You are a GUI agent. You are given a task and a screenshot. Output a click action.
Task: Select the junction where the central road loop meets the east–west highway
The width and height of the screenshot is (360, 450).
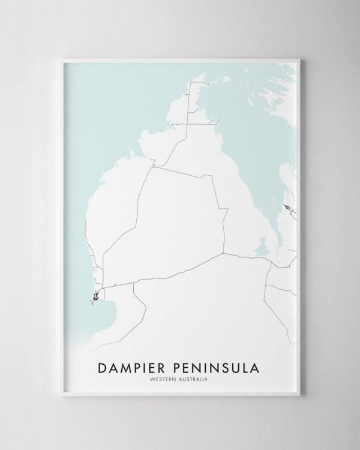click(x=224, y=254)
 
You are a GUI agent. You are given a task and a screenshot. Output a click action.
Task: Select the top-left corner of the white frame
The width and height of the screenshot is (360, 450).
click(x=61, y=59)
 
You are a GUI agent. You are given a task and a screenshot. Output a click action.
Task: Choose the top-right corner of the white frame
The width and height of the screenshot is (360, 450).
click(x=301, y=59)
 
